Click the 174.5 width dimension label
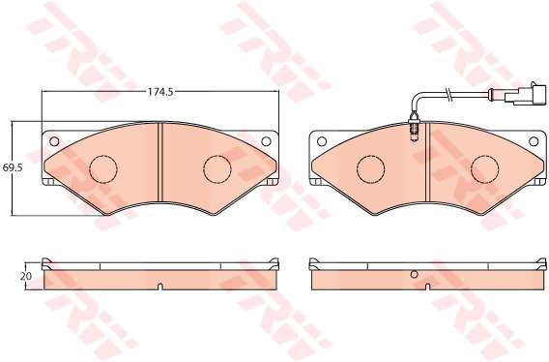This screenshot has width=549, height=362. pyautogui.click(x=160, y=92)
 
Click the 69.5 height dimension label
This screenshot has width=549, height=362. pyautogui.click(x=13, y=167)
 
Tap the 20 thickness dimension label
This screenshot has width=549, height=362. pyautogui.click(x=26, y=276)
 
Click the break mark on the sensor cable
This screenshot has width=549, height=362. pyautogui.click(x=448, y=94)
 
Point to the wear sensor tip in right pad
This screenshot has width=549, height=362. pyautogui.click(x=415, y=131)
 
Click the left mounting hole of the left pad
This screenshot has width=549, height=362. pyautogui.click(x=54, y=141)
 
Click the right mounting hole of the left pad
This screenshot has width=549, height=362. pyautogui.click(x=266, y=141)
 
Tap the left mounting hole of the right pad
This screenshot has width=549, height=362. pyautogui.click(x=322, y=141)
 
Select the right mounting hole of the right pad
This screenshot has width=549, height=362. pyautogui.click(x=534, y=141)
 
